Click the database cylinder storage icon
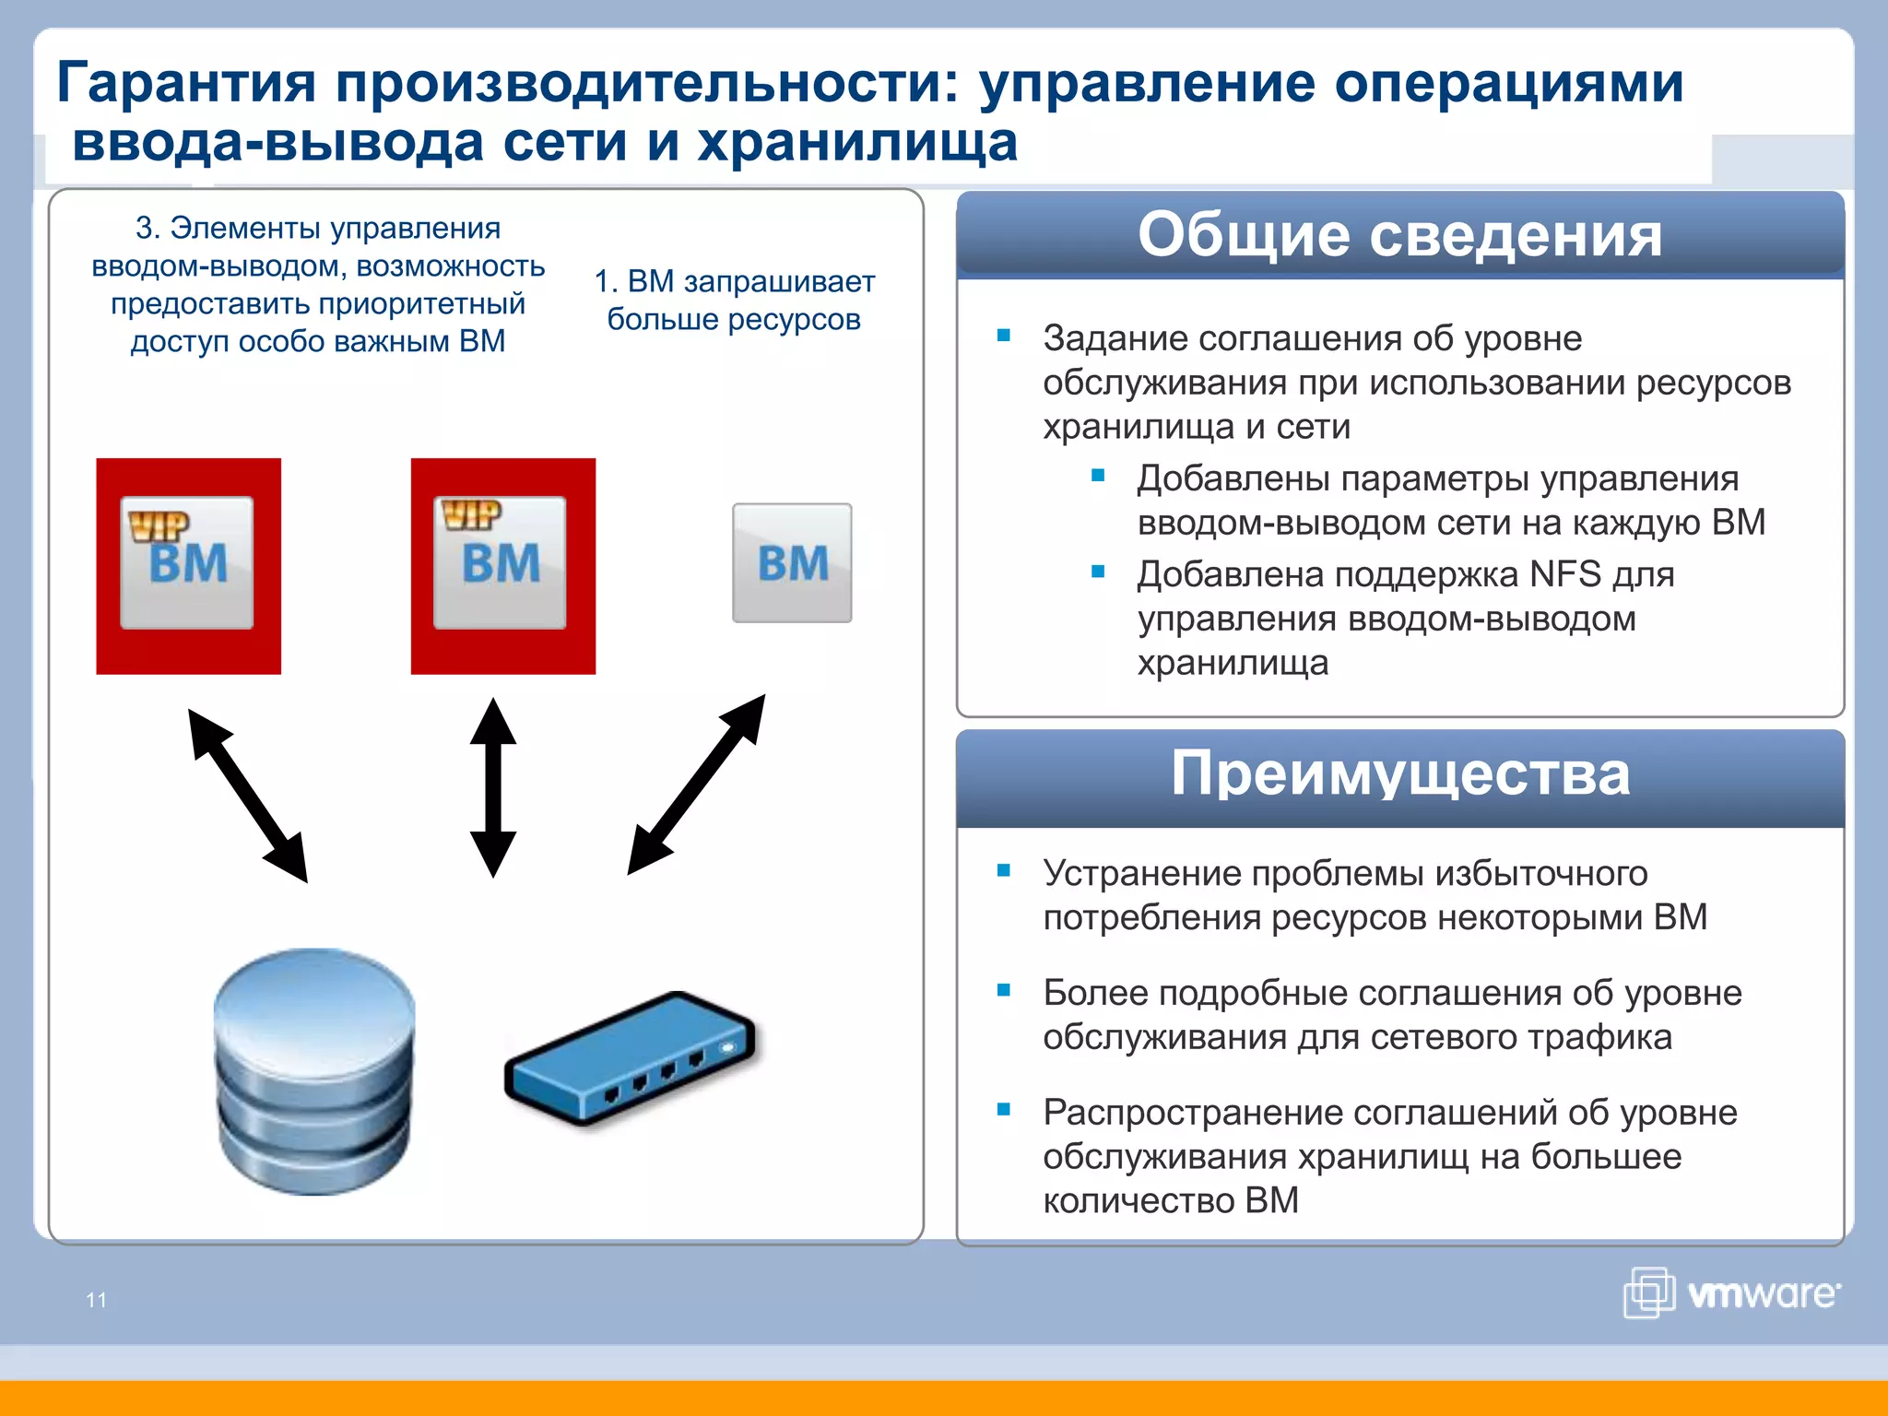click(314, 1071)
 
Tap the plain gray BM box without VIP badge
click(792, 562)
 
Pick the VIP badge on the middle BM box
click(471, 514)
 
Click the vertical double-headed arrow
click(493, 787)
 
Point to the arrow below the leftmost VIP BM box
click(247, 795)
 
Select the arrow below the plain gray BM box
click(697, 784)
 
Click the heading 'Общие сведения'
click(1399, 234)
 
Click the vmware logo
click(1731, 1292)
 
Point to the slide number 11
click(97, 1300)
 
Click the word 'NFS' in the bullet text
click(1564, 574)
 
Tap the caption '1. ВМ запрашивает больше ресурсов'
click(734, 300)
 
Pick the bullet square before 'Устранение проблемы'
click(1004, 870)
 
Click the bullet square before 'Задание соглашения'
click(1004, 336)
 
